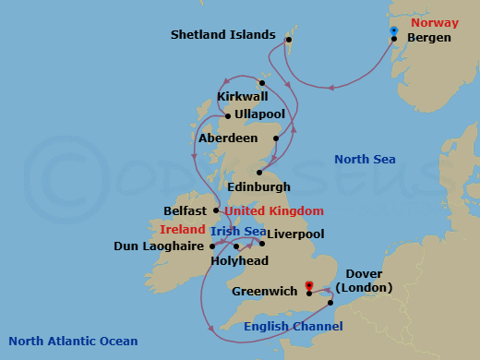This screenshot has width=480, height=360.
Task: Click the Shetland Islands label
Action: (223, 35)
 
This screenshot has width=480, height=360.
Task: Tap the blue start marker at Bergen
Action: (393, 31)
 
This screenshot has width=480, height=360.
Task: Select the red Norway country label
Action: (434, 22)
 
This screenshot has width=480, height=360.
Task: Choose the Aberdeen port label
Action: (228, 138)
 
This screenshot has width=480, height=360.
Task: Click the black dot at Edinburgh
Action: (260, 173)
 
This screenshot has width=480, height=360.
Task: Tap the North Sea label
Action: (365, 160)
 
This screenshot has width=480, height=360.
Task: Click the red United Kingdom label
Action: (274, 210)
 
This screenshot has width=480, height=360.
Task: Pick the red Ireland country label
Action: (182, 229)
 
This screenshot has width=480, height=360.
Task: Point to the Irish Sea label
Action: (237, 231)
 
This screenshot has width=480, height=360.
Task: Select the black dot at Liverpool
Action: (262, 245)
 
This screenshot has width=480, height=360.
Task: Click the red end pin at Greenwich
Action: (309, 286)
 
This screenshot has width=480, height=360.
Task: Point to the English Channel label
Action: (294, 327)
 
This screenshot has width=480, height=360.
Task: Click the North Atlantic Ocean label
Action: (73, 342)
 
